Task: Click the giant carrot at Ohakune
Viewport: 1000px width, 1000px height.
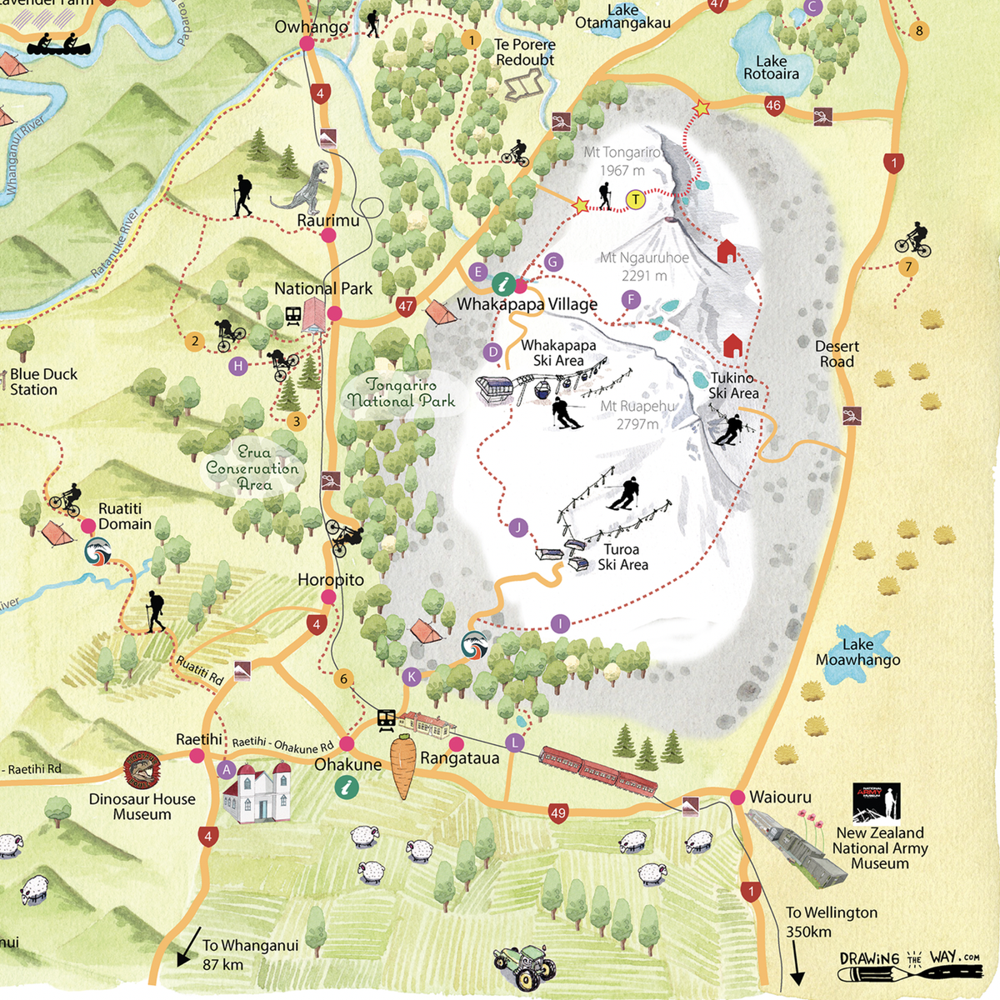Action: [403, 765]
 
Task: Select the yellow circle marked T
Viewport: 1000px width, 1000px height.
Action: [636, 199]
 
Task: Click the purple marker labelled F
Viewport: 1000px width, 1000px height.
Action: [631, 299]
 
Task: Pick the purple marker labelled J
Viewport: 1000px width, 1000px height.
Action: [517, 527]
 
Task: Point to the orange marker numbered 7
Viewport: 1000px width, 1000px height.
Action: [908, 267]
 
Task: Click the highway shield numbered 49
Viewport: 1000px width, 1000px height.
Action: [558, 812]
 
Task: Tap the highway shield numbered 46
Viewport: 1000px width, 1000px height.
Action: [773, 105]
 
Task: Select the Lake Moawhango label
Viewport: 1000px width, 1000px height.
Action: [857, 652]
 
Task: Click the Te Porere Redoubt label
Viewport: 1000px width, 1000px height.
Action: [524, 52]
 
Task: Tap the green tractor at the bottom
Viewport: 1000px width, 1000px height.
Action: [523, 967]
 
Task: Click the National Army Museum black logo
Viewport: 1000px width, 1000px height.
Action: [876, 802]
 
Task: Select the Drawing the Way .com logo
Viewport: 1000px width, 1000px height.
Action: [909, 965]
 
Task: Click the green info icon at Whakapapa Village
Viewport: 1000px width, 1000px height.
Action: [502, 284]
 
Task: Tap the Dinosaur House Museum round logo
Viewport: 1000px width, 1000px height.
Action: [141, 770]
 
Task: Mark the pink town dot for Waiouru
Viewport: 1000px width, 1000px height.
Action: [737, 797]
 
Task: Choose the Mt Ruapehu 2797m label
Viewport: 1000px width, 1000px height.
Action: [637, 415]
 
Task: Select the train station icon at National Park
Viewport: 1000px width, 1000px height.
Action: [293, 316]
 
